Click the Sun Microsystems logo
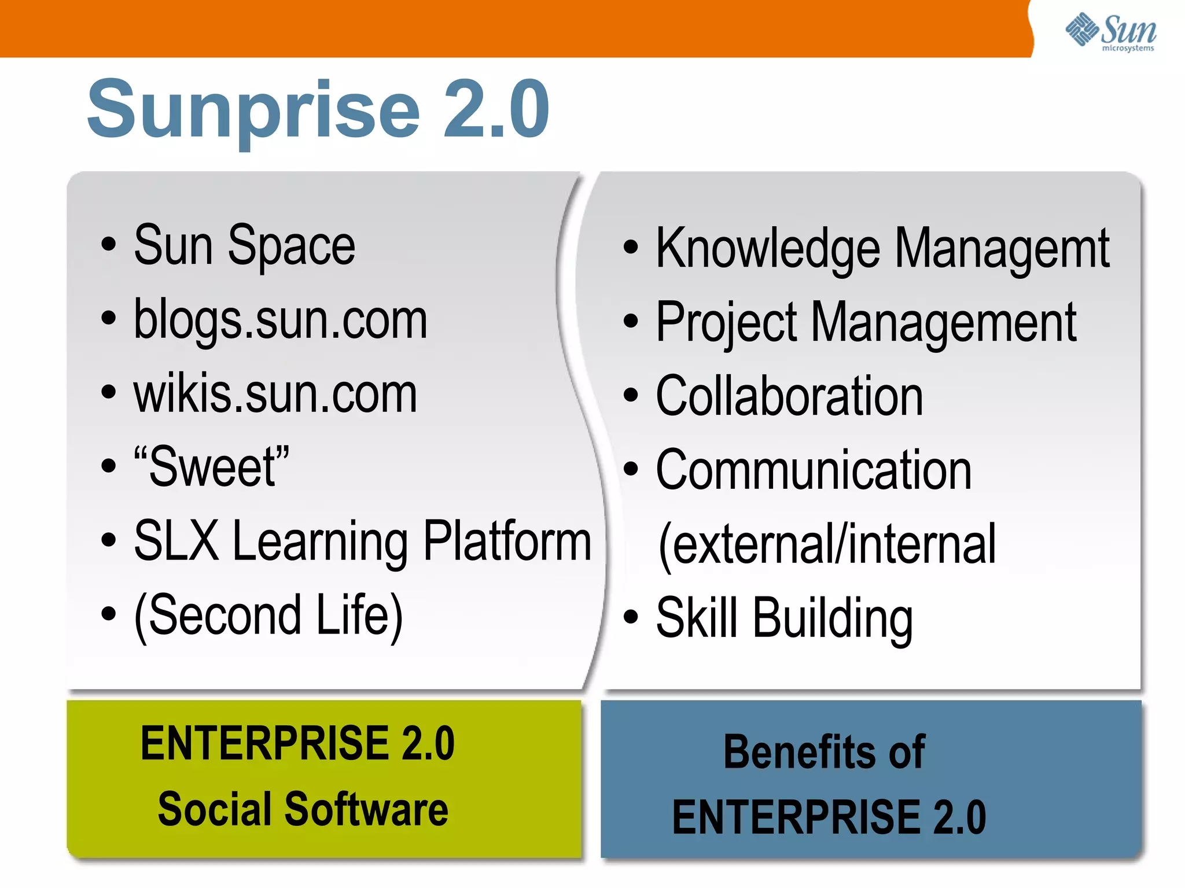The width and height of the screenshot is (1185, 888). click(x=1111, y=31)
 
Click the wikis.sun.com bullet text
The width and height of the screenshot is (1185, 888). click(x=275, y=393)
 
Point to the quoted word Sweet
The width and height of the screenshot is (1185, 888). click(x=212, y=466)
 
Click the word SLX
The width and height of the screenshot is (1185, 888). click(x=176, y=540)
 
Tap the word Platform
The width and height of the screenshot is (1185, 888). click(x=507, y=540)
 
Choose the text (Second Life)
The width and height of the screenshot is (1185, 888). click(x=268, y=615)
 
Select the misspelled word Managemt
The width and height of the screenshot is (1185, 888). click(x=1002, y=248)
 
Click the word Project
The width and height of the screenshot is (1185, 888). click(x=726, y=323)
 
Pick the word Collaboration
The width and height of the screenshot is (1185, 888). click(x=789, y=396)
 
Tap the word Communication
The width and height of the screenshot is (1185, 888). click(x=814, y=470)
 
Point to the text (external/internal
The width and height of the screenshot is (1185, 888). click(x=827, y=544)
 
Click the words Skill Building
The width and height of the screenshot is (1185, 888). click(x=784, y=618)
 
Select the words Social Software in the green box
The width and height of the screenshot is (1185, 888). click(x=303, y=809)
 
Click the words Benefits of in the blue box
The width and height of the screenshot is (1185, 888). click(x=824, y=751)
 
